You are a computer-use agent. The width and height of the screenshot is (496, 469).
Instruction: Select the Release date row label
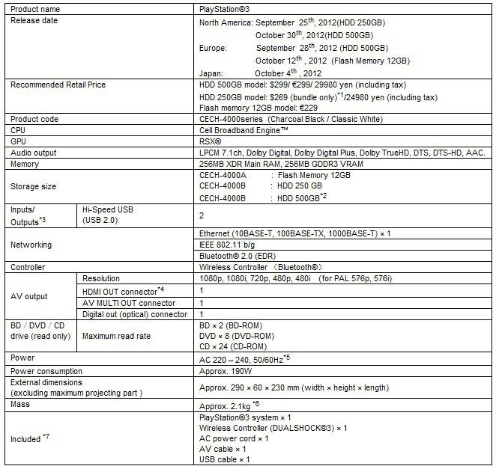34,20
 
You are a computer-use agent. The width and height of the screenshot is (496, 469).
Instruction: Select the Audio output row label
34,153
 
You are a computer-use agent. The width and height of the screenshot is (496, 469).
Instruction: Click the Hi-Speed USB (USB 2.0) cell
109,217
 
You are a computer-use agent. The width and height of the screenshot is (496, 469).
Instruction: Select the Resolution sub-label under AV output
101,278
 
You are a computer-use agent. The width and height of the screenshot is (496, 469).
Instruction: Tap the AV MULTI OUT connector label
129,303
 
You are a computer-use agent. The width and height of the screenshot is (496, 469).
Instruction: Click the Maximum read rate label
116,336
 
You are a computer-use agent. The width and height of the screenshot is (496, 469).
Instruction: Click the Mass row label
21,403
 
